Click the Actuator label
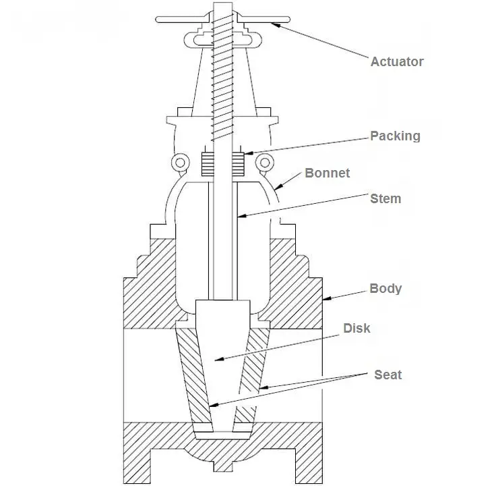(397, 61)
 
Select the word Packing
(395, 136)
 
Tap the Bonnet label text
(328, 173)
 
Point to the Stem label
(385, 198)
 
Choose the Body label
(385, 288)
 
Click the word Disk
(356, 329)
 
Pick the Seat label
(387, 375)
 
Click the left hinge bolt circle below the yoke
(179, 162)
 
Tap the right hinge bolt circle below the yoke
(264, 162)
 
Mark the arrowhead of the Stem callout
(239, 217)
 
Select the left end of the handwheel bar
(159, 20)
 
